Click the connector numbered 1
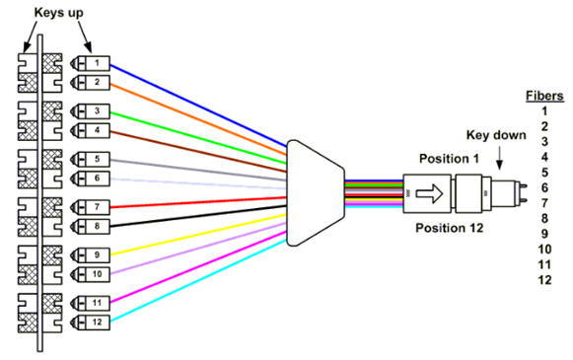point(90,63)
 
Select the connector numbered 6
point(90,179)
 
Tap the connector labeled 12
point(90,322)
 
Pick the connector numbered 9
point(90,254)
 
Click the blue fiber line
point(198,106)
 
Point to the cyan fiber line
point(198,281)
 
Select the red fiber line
point(198,202)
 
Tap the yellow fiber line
point(198,235)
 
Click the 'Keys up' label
point(58,13)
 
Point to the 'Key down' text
point(496,135)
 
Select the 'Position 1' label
point(449,159)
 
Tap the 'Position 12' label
point(450,228)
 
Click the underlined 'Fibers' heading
point(544,96)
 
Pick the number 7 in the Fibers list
point(544,203)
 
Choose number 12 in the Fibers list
point(544,280)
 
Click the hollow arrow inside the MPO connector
point(429,193)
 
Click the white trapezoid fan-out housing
point(316,193)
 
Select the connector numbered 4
point(90,130)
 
